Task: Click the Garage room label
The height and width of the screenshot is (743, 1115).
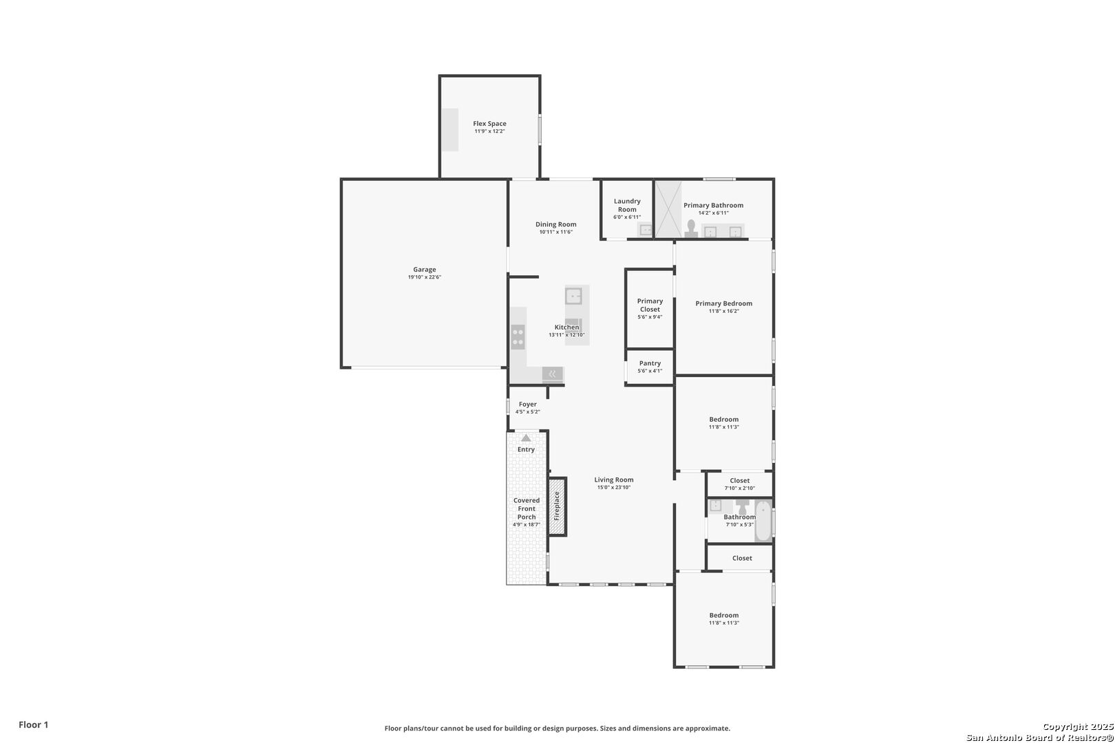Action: tap(424, 270)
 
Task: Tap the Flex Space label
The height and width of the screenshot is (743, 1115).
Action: tap(490, 123)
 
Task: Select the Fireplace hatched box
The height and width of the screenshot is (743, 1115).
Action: tap(557, 506)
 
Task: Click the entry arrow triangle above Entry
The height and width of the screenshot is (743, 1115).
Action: tap(526, 438)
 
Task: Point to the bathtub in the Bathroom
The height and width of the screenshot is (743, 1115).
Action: tap(763, 521)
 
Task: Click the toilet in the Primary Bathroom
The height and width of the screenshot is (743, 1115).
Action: tap(691, 228)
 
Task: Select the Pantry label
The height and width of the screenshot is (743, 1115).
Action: tap(650, 363)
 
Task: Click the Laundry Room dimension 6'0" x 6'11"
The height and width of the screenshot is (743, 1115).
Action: tap(627, 217)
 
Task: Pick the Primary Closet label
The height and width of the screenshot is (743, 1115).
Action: tap(650, 305)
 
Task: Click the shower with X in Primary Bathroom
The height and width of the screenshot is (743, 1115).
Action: tap(668, 209)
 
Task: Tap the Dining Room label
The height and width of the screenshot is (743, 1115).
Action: tap(556, 224)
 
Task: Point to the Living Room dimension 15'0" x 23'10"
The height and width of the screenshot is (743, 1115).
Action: tap(614, 488)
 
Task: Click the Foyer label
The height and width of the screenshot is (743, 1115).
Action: tap(528, 405)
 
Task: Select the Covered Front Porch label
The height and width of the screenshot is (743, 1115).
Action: tap(527, 508)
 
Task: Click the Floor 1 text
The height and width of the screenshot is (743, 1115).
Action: tap(33, 724)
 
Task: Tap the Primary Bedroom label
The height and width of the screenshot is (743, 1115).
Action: tap(724, 303)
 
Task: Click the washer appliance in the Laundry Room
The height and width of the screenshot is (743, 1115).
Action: tap(646, 230)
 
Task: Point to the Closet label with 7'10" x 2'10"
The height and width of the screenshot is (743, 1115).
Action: tap(740, 481)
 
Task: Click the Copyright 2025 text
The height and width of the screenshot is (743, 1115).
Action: tap(1078, 727)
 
